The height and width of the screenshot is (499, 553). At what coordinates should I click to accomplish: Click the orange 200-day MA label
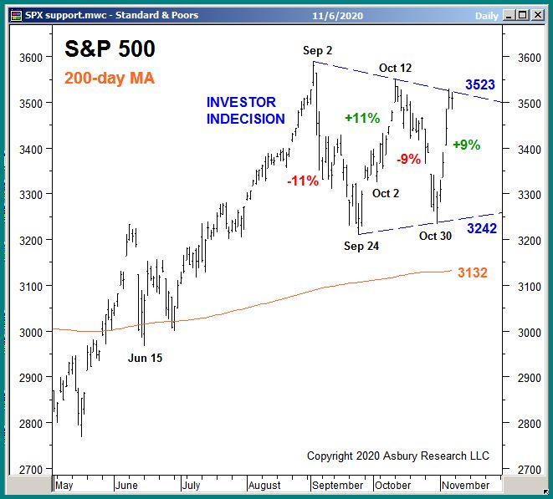[x=109, y=79]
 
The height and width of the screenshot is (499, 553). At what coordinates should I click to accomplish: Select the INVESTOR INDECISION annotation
[x=246, y=110]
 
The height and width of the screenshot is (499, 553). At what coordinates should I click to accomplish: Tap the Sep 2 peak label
[x=317, y=52]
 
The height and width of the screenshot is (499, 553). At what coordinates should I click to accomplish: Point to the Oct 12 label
[x=395, y=68]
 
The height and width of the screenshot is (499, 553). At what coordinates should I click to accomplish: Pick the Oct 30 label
[x=435, y=236]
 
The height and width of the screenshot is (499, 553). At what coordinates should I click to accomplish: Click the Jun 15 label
[x=145, y=358]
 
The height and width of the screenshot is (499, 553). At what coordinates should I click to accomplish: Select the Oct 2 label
[x=386, y=194]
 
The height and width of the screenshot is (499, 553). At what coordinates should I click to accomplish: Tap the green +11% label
[x=361, y=119]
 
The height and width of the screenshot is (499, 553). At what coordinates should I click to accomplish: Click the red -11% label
[x=302, y=181]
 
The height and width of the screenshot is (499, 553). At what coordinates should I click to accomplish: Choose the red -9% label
[x=408, y=159]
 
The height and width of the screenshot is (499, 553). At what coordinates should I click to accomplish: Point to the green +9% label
[x=466, y=145]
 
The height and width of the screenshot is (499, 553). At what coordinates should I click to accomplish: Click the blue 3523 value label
[x=482, y=84]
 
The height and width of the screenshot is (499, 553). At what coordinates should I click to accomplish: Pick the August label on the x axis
[x=264, y=485]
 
